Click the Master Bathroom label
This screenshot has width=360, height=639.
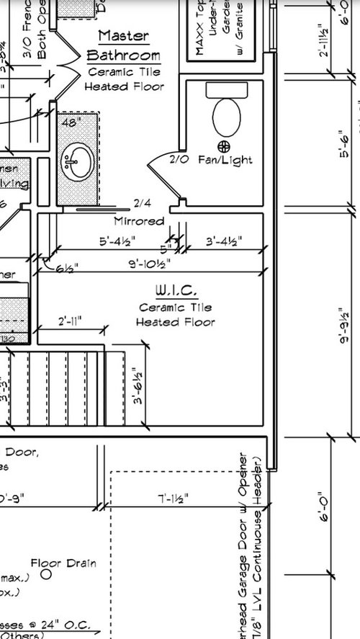coord(122,45)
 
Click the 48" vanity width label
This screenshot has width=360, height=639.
coord(70,122)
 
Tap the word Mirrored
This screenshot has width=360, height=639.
coord(140,221)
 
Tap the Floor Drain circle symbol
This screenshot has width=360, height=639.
coord(46,574)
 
